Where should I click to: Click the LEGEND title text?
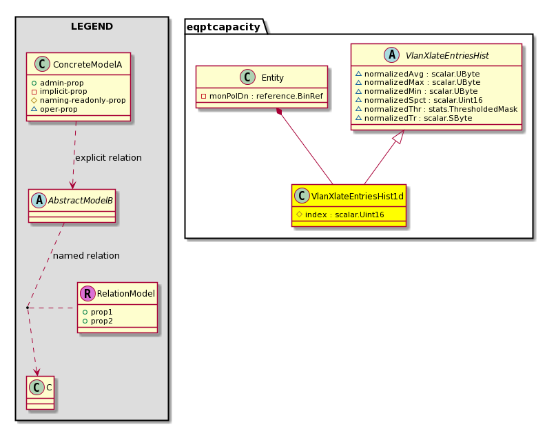[92, 26]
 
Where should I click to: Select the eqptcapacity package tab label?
[223, 27]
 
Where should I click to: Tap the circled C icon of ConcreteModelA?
[42, 64]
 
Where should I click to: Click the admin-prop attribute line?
[57, 83]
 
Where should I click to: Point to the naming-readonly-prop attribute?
[79, 100]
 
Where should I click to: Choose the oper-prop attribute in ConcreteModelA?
[54, 109]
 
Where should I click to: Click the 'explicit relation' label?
[108, 157]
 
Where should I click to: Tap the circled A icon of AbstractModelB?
[39, 200]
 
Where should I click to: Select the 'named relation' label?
[86, 256]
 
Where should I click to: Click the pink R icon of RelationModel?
[87, 293]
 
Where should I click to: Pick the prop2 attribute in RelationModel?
[98, 321]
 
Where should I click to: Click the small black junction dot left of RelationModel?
[28, 308]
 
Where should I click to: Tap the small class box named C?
[40, 392]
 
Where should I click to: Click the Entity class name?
[272, 78]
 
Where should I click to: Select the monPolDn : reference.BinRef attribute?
[262, 96]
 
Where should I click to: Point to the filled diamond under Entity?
[280, 112]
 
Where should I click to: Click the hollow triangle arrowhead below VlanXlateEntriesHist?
[400, 137]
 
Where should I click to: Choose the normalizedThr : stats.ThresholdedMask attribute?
[437, 109]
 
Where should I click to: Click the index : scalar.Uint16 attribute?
[340, 215]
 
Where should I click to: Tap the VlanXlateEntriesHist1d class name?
[357, 196]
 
